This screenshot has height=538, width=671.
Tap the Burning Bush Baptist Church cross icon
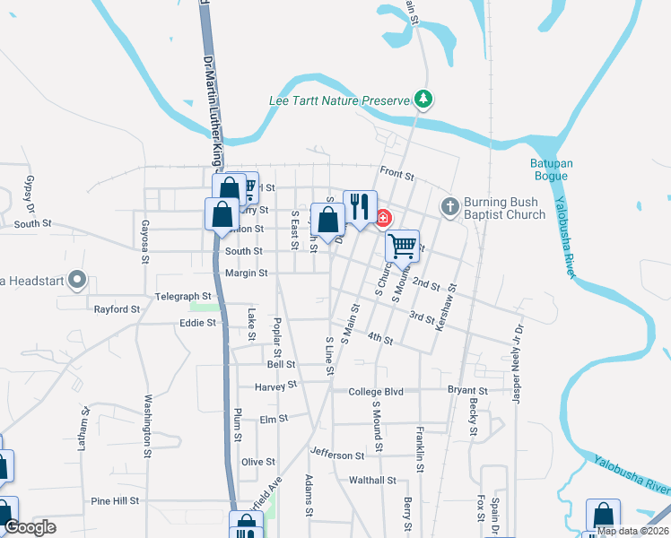pyautogui.click(x=449, y=208)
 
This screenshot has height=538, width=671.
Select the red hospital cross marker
pyautogui.click(x=383, y=218)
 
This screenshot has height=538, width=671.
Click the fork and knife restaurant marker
pyautogui.click(x=360, y=206)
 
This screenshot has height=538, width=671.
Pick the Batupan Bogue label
pyautogui.click(x=549, y=169)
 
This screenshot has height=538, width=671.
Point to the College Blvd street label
pyautogui.click(x=376, y=391)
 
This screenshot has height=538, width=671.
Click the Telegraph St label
pyautogui.click(x=182, y=295)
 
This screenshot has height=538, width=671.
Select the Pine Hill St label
pyautogui.click(x=115, y=500)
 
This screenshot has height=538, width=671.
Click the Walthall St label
pyautogui.click(x=372, y=480)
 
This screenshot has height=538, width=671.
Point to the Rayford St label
pyautogui.click(x=118, y=309)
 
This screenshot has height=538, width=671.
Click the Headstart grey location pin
pyautogui.click(x=77, y=281)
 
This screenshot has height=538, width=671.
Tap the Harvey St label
pyautogui.click(x=275, y=386)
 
